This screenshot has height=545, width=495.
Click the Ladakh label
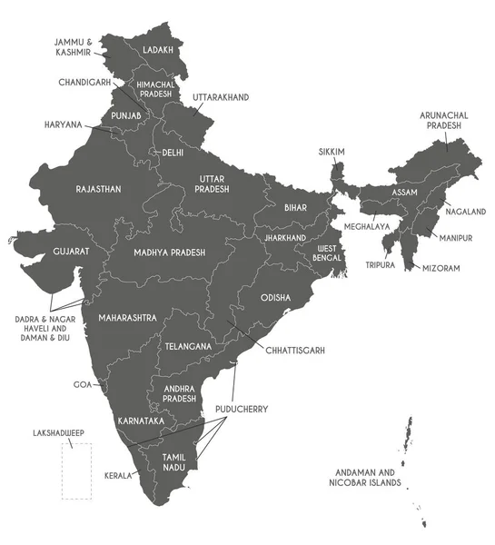pyautogui.click(x=158, y=50)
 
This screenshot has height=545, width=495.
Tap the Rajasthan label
pyautogui.click(x=99, y=189)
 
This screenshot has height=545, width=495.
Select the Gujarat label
pyautogui.click(x=71, y=251)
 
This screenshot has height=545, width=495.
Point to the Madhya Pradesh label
pyautogui.click(x=169, y=253)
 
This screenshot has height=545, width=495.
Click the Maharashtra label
pyautogui.click(x=125, y=317)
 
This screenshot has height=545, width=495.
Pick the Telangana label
pyautogui.click(x=188, y=346)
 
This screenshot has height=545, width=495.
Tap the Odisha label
pyautogui.click(x=275, y=297)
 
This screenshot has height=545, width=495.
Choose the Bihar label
pyautogui.click(x=295, y=208)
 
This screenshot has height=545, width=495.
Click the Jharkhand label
pyautogui.click(x=285, y=238)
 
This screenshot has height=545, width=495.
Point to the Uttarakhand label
pyautogui.click(x=220, y=96)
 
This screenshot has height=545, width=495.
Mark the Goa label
pyautogui.click(x=84, y=385)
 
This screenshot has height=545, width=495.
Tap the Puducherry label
pyautogui.click(x=242, y=410)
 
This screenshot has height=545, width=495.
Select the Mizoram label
pyautogui.click(x=441, y=269)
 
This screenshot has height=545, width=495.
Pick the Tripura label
pyautogui.click(x=380, y=265)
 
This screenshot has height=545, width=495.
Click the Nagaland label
pyautogui.click(x=465, y=211)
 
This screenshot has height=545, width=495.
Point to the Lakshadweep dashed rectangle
pyautogui.click(x=76, y=471)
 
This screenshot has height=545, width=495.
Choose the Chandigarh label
pyautogui.click(x=84, y=82)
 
